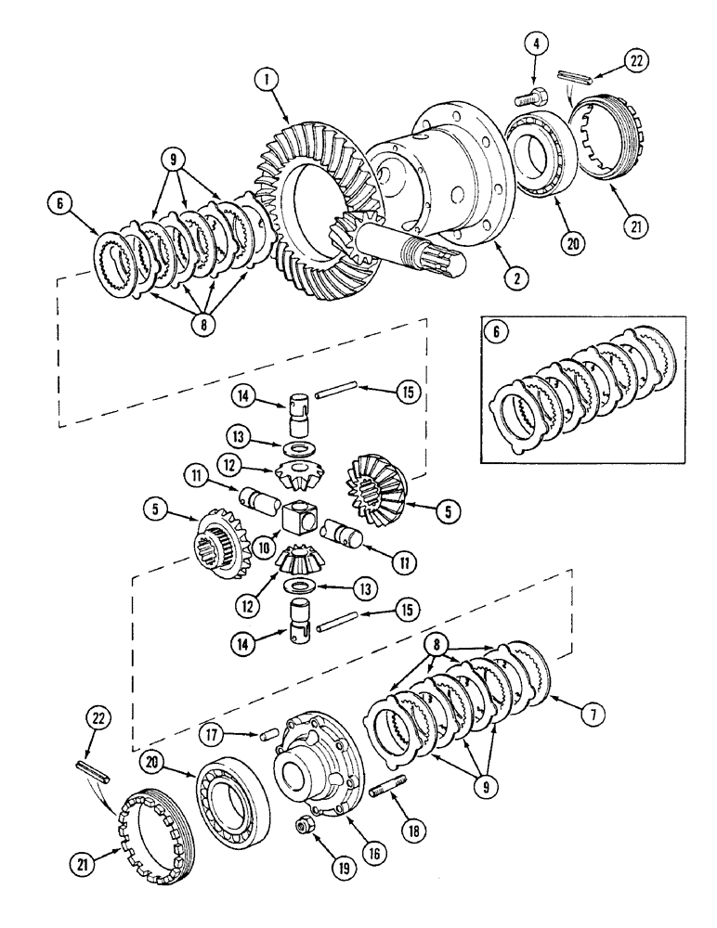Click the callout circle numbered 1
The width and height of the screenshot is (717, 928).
click(x=268, y=81)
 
